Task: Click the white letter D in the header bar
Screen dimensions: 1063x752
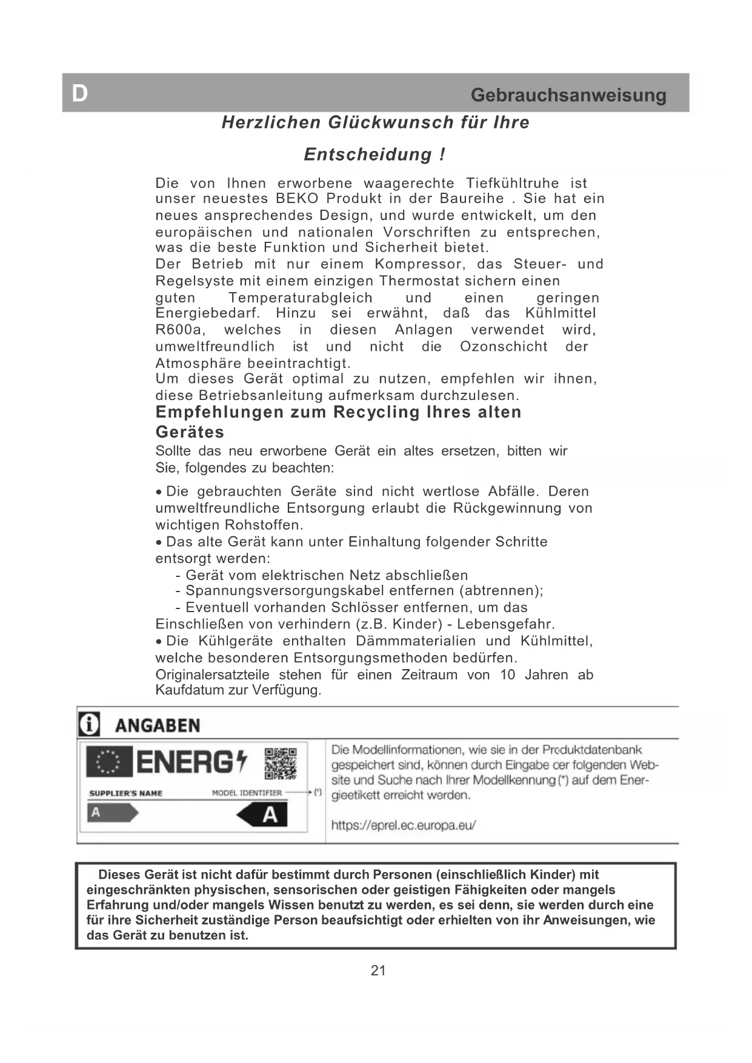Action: coord(80,93)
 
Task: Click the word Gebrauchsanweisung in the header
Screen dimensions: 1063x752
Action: coord(568,95)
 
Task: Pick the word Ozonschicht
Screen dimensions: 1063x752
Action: coord(503,347)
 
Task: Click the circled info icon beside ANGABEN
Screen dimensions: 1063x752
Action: coord(90,725)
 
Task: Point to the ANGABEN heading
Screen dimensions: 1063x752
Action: coord(157,726)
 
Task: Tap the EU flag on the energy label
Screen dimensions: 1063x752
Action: coord(109,762)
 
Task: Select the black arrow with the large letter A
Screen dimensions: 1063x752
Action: coord(264,815)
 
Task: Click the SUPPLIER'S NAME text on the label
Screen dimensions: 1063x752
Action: coord(125,793)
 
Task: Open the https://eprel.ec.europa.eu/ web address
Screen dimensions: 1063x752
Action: coord(403,825)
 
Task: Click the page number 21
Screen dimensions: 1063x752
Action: coord(378,970)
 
